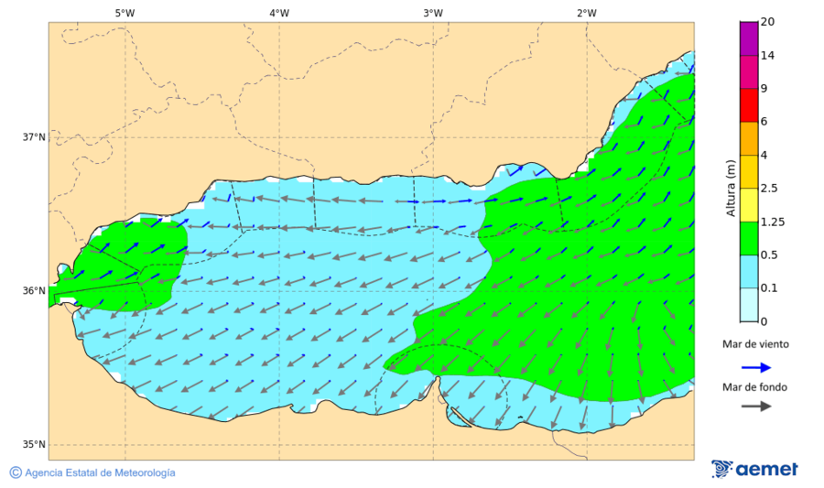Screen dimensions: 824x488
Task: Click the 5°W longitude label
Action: (x=125, y=13)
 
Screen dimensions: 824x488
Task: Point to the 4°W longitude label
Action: (x=279, y=13)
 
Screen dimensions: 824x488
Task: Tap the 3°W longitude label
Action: (x=433, y=13)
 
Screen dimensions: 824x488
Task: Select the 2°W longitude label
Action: (x=587, y=13)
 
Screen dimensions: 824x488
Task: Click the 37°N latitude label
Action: (x=34, y=137)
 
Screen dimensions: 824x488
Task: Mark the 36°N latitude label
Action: (x=34, y=291)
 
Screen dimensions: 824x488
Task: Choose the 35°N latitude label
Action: (x=34, y=445)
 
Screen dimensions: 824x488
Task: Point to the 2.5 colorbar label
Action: (x=770, y=189)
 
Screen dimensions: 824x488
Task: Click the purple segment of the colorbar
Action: (x=749, y=38)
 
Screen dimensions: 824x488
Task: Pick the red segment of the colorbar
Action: (x=749, y=104)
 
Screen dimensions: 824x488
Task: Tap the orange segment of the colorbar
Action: (x=749, y=138)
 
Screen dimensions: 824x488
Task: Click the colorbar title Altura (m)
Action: (x=731, y=188)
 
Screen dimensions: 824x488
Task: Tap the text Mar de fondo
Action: (x=754, y=387)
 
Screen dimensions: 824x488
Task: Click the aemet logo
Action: (x=754, y=469)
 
